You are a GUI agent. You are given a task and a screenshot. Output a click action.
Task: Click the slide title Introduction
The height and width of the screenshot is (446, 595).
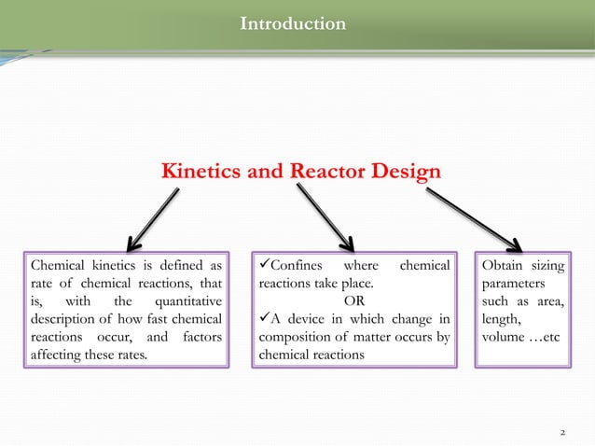(x=292, y=22)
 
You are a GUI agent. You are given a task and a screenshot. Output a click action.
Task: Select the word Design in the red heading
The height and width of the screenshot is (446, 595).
(x=403, y=173)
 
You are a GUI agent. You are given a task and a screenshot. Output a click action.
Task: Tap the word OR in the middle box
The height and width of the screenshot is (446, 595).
(x=354, y=301)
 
